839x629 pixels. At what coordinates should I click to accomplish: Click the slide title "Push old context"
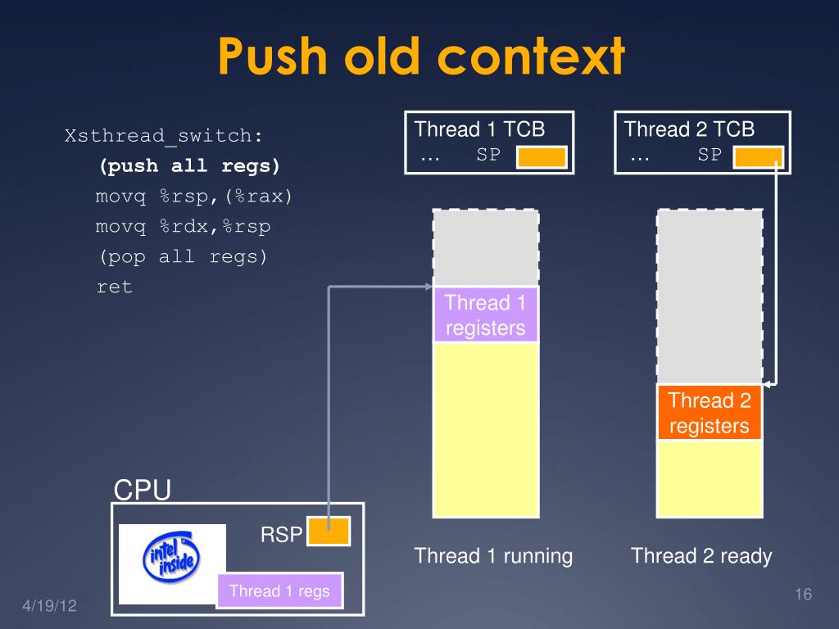click(421, 57)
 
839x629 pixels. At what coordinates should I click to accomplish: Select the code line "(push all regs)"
click(190, 166)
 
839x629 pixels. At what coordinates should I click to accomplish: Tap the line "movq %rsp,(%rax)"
click(194, 197)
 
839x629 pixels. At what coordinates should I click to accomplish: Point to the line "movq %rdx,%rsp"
click(183, 226)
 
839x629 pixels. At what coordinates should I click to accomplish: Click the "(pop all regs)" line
click(184, 256)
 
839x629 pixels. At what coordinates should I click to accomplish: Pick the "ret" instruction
click(114, 287)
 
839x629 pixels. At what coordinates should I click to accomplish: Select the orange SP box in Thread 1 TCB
click(542, 156)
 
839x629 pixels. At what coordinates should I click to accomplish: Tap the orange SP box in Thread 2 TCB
click(759, 156)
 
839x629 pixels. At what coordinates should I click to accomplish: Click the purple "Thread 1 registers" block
click(485, 315)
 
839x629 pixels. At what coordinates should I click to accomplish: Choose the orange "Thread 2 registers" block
click(710, 413)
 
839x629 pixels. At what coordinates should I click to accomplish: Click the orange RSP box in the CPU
click(329, 532)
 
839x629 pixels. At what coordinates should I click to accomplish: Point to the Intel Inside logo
click(172, 563)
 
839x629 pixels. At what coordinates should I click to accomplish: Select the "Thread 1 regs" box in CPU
click(279, 591)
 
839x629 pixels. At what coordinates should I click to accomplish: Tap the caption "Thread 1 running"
click(493, 556)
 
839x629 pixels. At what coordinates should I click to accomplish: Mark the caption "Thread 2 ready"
click(701, 556)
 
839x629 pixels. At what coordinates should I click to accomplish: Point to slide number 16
click(802, 595)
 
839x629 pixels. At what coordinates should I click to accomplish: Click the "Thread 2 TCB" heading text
click(689, 129)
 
